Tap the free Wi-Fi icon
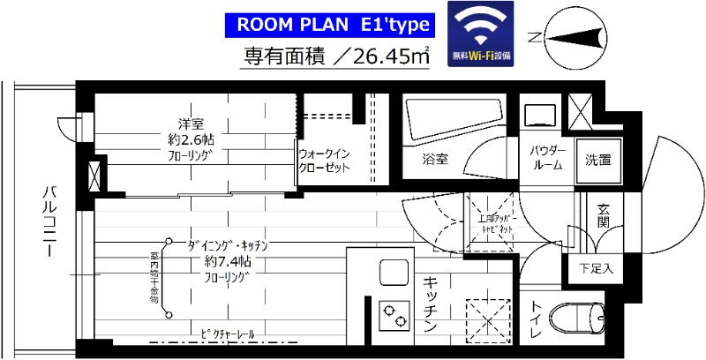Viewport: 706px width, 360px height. coord(481,32)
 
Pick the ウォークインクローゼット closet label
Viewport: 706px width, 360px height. coord(324,160)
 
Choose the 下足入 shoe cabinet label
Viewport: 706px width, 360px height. coord(597,267)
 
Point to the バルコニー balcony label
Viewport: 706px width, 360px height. coord(48,221)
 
